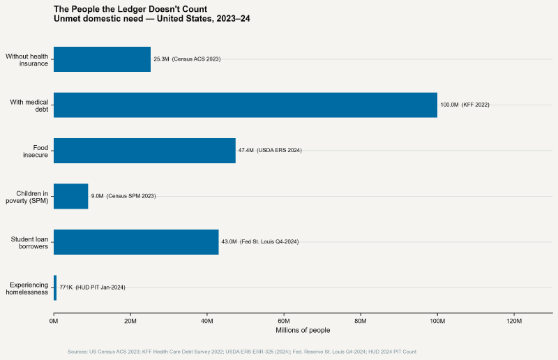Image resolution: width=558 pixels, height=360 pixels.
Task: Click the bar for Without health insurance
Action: click(102, 59)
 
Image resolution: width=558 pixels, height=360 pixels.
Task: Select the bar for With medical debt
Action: click(245, 105)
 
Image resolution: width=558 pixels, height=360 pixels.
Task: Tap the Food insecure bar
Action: click(144, 151)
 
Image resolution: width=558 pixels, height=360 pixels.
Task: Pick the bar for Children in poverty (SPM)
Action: click(70, 196)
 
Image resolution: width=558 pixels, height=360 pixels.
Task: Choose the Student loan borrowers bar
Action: click(136, 241)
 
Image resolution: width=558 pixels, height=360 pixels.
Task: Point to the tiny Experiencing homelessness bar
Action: click(55, 287)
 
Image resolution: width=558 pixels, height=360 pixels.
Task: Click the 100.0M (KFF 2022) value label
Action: click(465, 105)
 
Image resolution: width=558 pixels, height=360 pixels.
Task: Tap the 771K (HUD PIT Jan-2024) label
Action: click(92, 287)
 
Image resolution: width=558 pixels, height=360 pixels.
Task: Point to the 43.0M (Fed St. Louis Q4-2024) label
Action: click(259, 241)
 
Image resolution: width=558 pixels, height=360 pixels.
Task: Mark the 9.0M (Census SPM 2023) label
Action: click(123, 196)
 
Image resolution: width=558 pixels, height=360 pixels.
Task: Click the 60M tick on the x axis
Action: click(284, 321)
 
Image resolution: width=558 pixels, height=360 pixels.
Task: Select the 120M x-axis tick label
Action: click(513, 321)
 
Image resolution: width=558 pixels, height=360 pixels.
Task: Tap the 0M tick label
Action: click(54, 321)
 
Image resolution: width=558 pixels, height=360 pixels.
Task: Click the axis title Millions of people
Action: click(303, 330)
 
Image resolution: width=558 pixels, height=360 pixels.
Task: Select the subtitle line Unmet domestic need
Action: click(151, 19)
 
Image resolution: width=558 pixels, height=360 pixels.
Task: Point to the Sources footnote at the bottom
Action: click(242, 352)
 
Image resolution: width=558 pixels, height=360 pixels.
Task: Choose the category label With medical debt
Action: click(29, 105)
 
